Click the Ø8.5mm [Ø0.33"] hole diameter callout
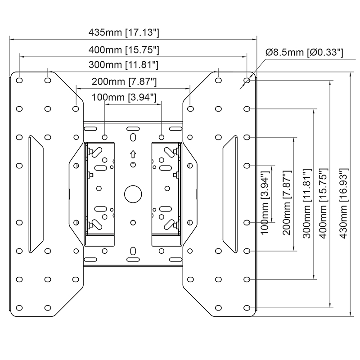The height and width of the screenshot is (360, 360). [305, 53]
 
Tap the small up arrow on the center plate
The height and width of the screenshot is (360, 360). [133, 153]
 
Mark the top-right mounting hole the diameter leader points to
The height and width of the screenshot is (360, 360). [247, 81]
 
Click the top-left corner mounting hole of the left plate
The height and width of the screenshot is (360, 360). [19, 81]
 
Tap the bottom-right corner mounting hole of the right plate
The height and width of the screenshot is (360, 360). [247, 308]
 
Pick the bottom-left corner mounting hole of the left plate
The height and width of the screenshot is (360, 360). [19, 308]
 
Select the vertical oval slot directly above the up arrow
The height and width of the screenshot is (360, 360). [133, 137]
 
